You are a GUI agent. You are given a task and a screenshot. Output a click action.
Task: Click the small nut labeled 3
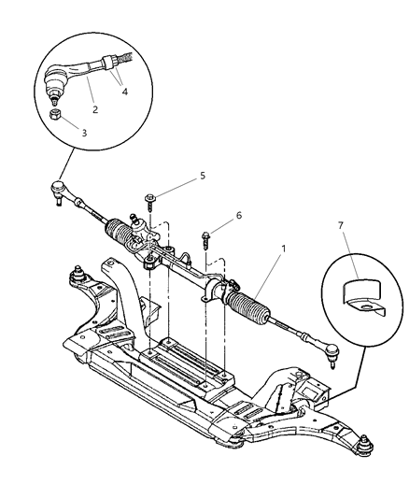point(55,114)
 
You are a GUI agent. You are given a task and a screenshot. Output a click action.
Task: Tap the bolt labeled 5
point(150,198)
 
